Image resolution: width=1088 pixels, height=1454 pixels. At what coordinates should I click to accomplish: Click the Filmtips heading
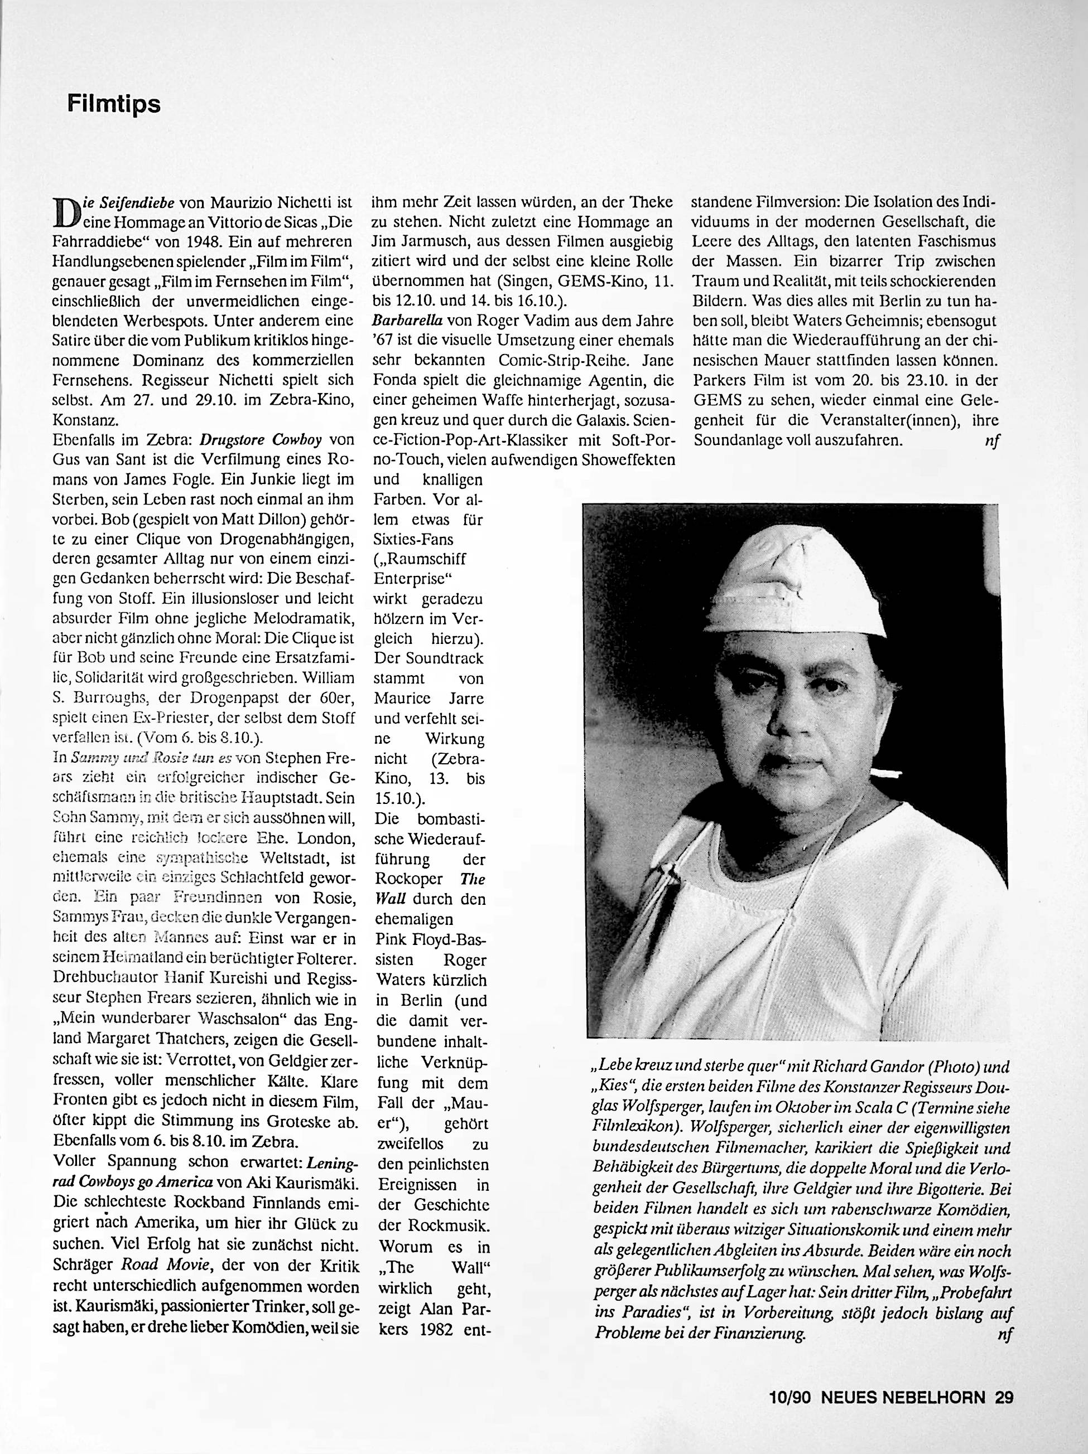[x=114, y=104]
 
